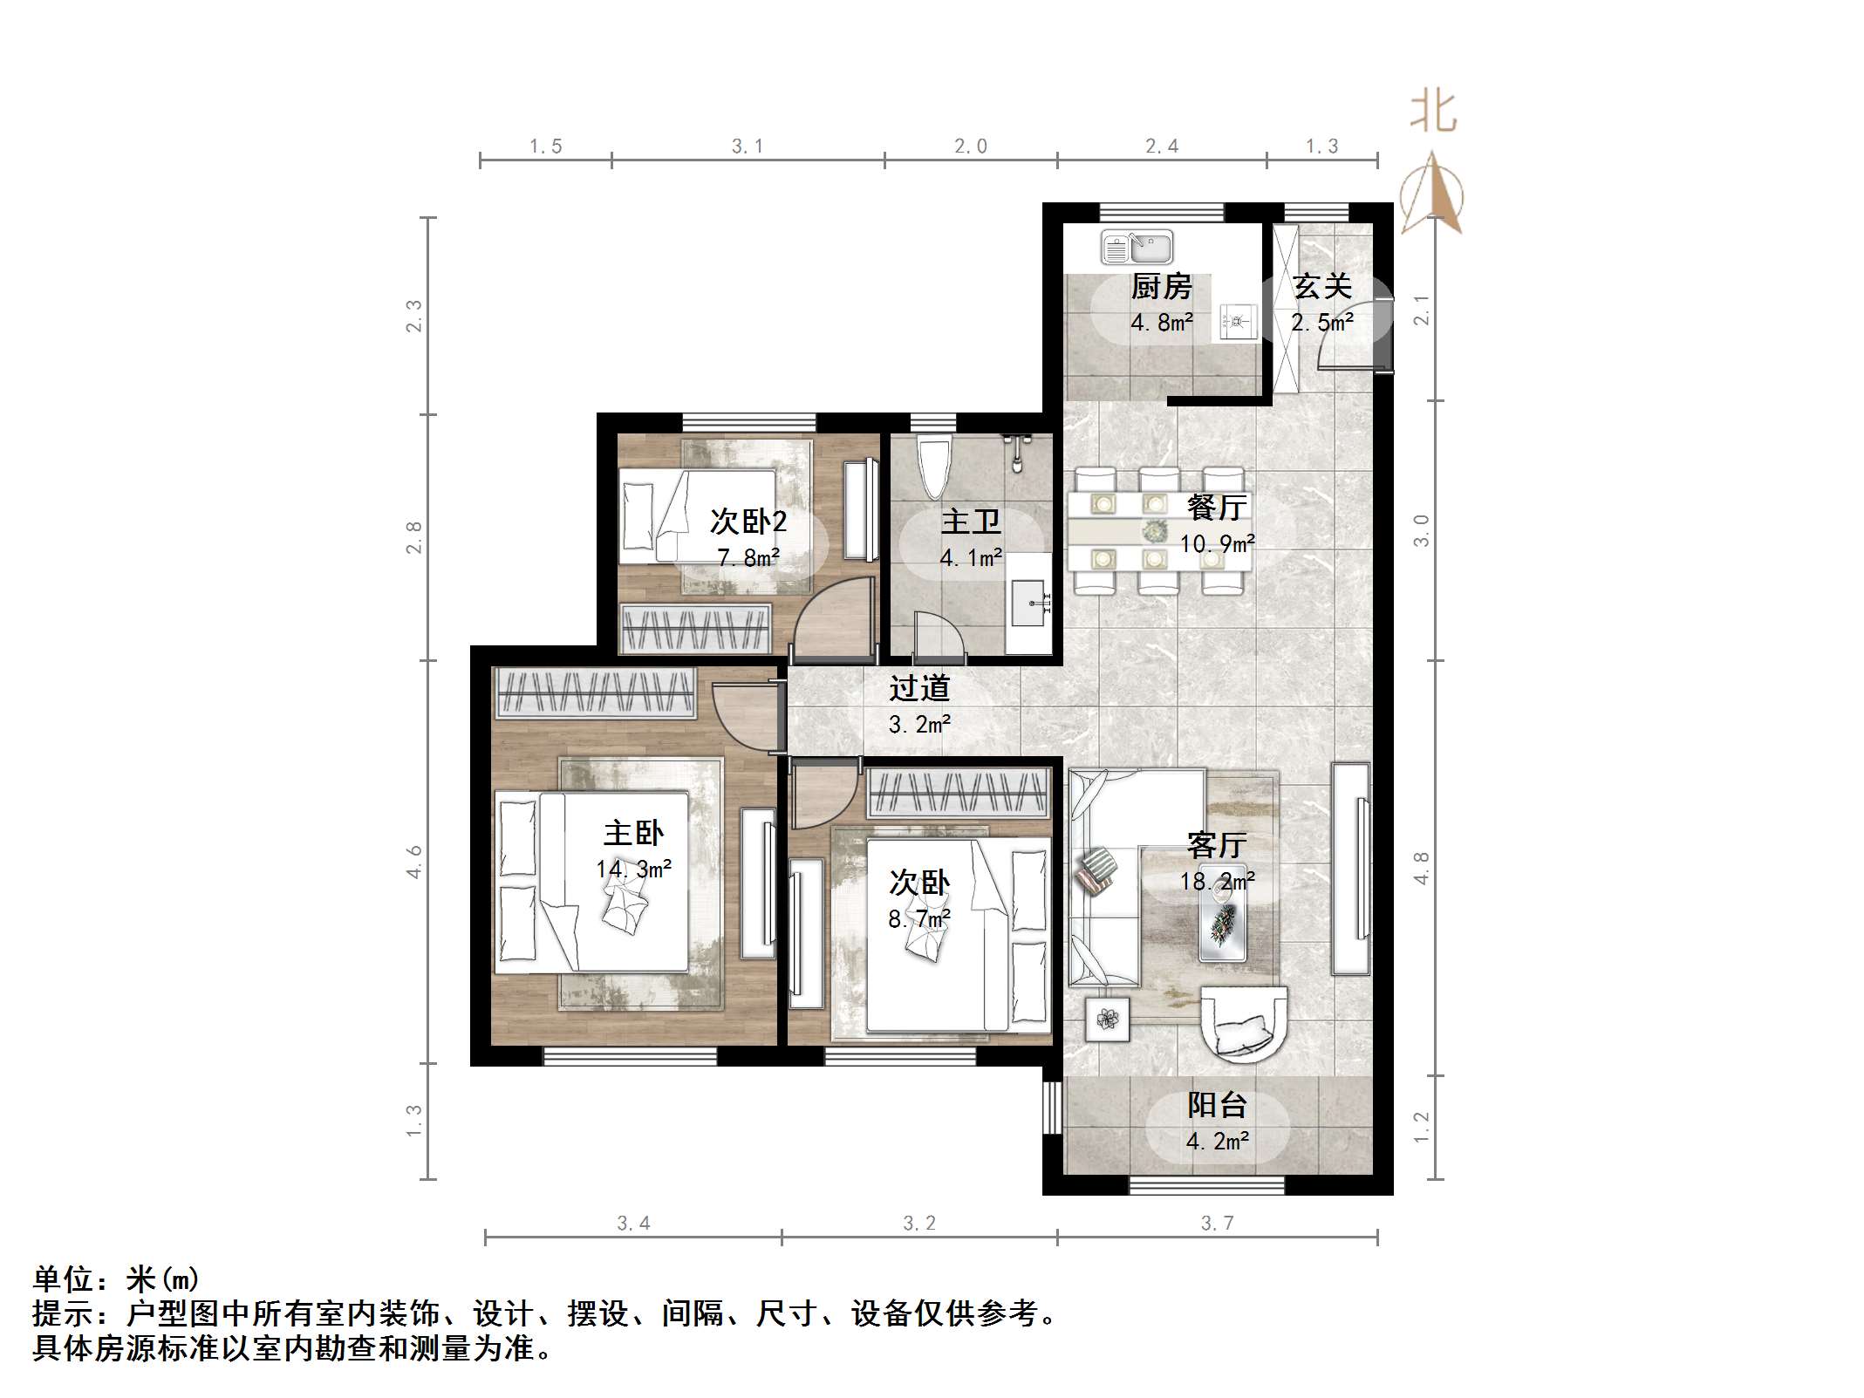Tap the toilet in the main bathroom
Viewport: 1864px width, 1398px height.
tap(933, 467)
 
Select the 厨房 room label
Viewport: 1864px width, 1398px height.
tap(1161, 286)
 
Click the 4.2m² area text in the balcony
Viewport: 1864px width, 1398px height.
tap(1218, 1141)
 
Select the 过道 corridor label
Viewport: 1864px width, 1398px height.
tap(919, 688)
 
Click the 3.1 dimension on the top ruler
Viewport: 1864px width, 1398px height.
tap(748, 147)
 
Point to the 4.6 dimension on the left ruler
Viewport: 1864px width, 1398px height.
tap(413, 861)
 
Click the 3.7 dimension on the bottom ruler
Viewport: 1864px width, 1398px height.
tap(1217, 1224)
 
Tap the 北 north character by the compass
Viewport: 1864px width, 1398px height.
tap(1433, 112)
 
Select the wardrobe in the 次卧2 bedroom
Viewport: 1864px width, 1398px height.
tap(696, 627)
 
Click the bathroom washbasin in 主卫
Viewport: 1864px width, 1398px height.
tap(1029, 603)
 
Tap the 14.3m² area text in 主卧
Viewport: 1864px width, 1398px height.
tap(634, 869)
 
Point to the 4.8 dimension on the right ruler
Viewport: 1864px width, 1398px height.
tap(1421, 868)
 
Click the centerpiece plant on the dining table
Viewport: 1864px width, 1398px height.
tap(1156, 529)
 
